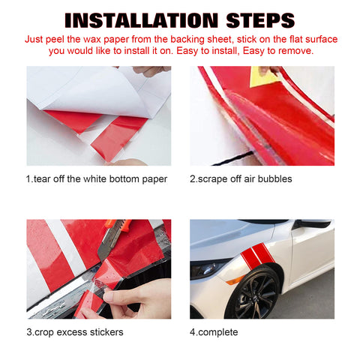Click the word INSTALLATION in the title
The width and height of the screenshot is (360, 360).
coord(141,20)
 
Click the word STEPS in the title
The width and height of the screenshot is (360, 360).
coord(260,20)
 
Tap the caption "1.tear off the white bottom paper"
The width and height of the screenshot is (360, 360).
coord(97,179)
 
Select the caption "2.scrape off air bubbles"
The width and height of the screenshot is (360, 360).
coord(241,179)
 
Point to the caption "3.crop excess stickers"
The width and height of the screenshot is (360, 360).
coord(75,332)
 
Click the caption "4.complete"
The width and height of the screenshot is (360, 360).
coord(214,332)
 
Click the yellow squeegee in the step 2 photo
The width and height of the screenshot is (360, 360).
coord(265,76)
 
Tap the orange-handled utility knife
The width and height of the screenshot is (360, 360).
coord(114,238)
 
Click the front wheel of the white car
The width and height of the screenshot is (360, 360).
coord(253,292)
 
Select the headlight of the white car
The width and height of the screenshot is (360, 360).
coord(208,268)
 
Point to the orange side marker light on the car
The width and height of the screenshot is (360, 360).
coord(235,280)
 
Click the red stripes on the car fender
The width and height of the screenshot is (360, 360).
coord(257,256)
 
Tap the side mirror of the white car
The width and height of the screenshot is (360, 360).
coord(313,223)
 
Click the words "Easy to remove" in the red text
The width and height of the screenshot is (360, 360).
coord(278,51)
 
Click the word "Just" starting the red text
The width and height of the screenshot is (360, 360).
coord(34,40)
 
